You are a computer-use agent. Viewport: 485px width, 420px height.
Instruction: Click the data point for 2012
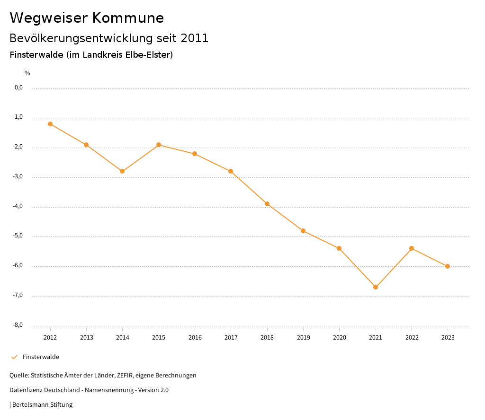[x=50, y=124]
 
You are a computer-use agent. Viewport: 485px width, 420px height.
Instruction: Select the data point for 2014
[x=122, y=171]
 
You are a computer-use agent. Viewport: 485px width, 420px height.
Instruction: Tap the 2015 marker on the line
[x=159, y=145]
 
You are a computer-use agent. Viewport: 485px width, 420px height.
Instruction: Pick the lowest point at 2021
[x=376, y=287]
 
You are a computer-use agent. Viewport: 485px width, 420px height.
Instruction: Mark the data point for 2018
[x=267, y=204]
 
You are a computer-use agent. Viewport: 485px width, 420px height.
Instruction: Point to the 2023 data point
[x=448, y=266]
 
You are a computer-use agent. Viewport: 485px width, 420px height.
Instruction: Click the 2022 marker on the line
[x=412, y=248]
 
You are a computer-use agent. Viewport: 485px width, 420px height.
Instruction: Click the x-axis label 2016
[x=195, y=338]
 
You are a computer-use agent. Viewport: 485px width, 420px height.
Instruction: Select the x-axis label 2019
[x=304, y=338]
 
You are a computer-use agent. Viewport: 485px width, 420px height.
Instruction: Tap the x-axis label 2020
[x=340, y=338]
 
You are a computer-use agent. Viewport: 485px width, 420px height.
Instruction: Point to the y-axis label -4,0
[x=18, y=207]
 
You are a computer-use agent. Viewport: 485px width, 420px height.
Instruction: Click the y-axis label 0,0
[x=19, y=88]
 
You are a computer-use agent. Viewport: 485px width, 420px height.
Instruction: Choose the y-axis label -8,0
[x=18, y=325]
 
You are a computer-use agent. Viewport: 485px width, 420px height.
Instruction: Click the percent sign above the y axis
[x=27, y=73]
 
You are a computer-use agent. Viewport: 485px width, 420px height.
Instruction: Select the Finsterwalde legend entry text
[x=41, y=357]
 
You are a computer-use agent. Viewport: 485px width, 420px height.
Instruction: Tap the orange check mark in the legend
[x=14, y=357]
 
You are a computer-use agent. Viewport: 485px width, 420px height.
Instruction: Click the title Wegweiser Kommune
[x=87, y=18]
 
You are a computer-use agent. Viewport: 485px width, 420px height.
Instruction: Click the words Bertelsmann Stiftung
[x=42, y=405]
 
